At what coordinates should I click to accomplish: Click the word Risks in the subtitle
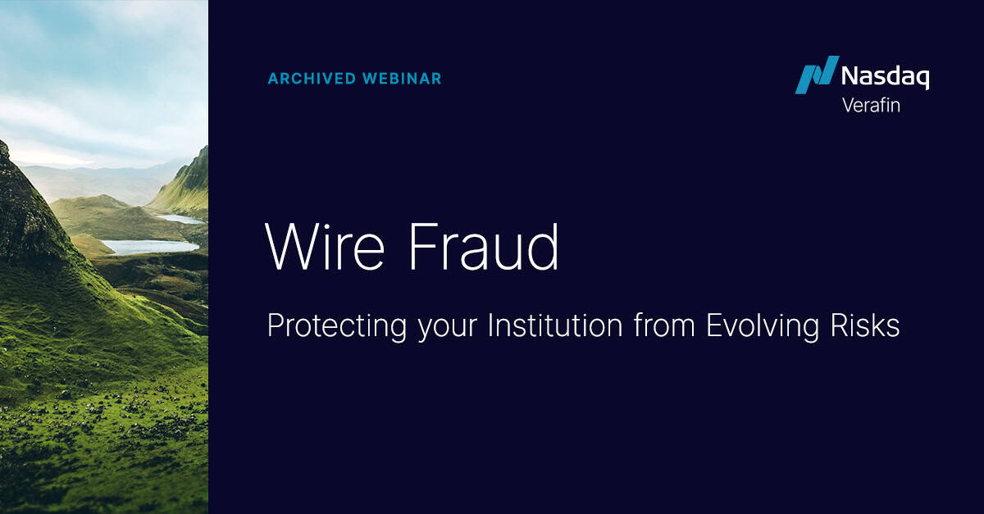(868, 325)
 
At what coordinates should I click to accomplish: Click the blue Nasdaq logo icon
(816, 75)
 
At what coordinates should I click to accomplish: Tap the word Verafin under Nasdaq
(871, 105)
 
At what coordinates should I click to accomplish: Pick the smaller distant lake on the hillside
(181, 219)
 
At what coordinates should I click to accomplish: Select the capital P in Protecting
(276, 325)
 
